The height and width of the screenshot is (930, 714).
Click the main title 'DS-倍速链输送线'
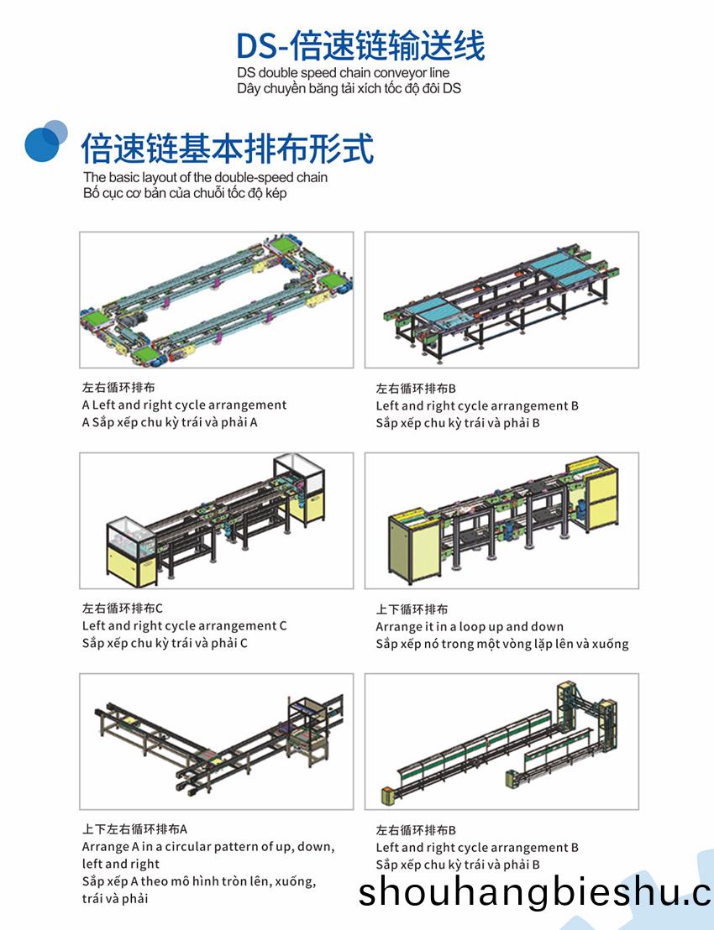[x=360, y=45]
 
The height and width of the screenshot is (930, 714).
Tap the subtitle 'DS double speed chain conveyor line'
[x=343, y=73]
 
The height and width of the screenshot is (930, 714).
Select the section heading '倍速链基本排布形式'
[x=228, y=148]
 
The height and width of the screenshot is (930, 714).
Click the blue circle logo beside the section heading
[x=45, y=140]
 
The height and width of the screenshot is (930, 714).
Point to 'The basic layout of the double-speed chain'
[x=205, y=177]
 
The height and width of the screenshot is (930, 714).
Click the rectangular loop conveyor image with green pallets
[x=216, y=300]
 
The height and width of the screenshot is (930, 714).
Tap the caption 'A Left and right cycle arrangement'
[x=184, y=405]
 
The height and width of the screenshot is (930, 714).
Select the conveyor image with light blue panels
[x=501, y=300]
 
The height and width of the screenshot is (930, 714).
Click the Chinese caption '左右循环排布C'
[x=123, y=609]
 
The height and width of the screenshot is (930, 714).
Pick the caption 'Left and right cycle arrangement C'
[x=184, y=625]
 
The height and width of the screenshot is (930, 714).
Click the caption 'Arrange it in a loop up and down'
[x=470, y=626]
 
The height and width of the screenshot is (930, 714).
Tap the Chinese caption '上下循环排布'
[x=412, y=609]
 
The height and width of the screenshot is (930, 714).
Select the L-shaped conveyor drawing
[x=216, y=741]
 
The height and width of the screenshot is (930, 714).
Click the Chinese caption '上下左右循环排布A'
[x=134, y=829]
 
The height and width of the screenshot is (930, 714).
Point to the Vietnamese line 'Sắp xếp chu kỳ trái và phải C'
[x=165, y=643]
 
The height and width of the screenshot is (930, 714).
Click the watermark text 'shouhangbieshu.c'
[x=534, y=891]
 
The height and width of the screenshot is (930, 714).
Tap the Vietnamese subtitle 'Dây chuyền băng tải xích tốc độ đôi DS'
[x=349, y=88]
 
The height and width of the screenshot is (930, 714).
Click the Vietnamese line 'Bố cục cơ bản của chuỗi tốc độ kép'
[x=185, y=193]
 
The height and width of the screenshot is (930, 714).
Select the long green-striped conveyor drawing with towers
[x=501, y=741]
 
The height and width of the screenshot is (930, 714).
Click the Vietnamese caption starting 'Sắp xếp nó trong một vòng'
[x=502, y=644]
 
